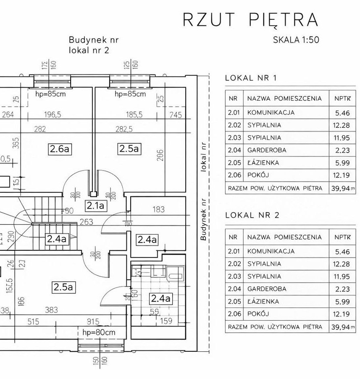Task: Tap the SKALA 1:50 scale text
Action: click(x=297, y=40)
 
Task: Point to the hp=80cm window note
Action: click(x=99, y=332)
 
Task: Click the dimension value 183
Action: click(x=158, y=209)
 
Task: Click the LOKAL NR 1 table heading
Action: click(x=251, y=78)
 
